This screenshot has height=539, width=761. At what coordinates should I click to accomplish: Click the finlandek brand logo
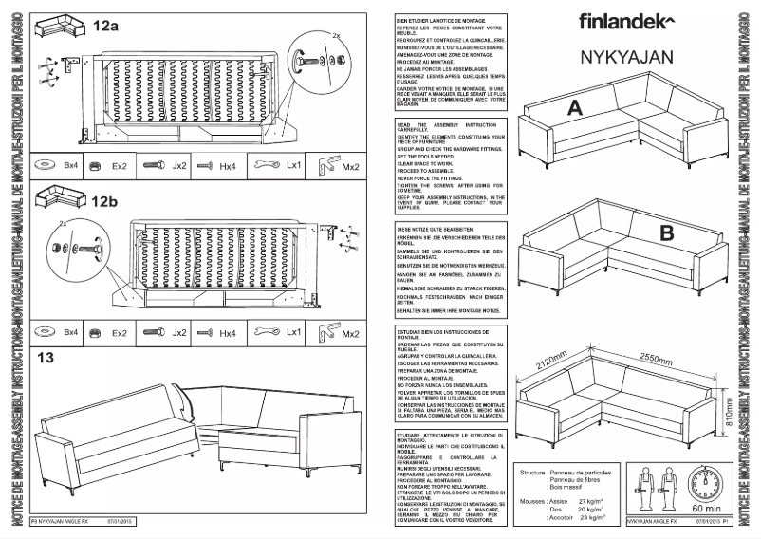point(626,20)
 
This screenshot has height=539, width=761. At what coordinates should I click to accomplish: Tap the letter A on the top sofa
point(572,110)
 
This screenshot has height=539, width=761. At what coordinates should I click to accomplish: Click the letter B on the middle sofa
point(667,231)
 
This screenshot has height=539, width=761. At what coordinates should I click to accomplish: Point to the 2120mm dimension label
point(551,362)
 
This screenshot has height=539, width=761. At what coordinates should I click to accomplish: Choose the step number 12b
point(104,201)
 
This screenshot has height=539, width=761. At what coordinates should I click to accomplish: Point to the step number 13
point(46,358)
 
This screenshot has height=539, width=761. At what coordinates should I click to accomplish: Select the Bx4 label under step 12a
point(70,165)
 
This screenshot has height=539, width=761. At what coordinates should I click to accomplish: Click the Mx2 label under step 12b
point(350,333)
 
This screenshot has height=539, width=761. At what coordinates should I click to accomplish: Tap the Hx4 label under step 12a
point(228,165)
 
